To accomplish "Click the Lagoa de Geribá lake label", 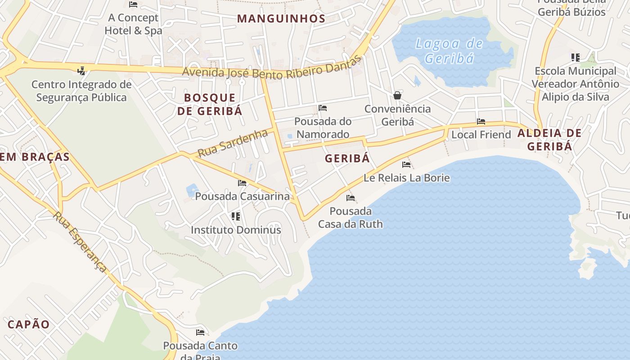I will pos(449,51).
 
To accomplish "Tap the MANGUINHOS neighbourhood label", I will pos(281,18).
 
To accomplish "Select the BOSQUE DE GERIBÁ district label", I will pos(210,104).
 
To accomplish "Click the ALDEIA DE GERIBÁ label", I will pos(549,139).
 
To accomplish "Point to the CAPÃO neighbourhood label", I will pos(29,324).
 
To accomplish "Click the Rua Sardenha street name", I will pos(233,143).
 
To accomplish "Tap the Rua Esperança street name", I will pos(81,242).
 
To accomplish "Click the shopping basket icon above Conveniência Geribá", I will pos(397,95).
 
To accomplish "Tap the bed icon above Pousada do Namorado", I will pos(323,108).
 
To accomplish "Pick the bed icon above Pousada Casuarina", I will pos(242,183).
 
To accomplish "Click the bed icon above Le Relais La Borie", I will pos(406,165).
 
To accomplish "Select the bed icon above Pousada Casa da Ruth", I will pos(351,198).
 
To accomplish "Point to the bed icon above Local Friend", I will pos(481,121).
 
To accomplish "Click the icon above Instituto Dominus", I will pos(236,216).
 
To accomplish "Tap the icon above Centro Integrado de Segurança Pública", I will pos(81,71).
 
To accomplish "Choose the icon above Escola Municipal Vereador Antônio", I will pos(576,58).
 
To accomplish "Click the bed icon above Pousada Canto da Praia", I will pos(200,333).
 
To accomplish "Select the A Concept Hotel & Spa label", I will pos(133,24).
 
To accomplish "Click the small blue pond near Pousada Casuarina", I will pos(192,190).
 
